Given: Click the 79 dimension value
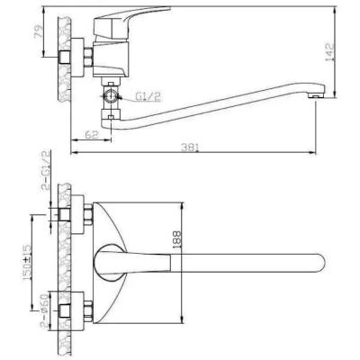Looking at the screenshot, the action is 39,31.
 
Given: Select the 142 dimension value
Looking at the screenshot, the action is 329,52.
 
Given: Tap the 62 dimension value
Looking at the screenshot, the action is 92,134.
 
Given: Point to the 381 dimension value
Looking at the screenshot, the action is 190,148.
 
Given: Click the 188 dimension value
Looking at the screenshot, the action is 177,239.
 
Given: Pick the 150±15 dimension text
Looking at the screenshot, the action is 27,263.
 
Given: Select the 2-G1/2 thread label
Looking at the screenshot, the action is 45,171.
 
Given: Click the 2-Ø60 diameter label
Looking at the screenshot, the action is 44,310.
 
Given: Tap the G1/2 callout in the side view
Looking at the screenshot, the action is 148,96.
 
